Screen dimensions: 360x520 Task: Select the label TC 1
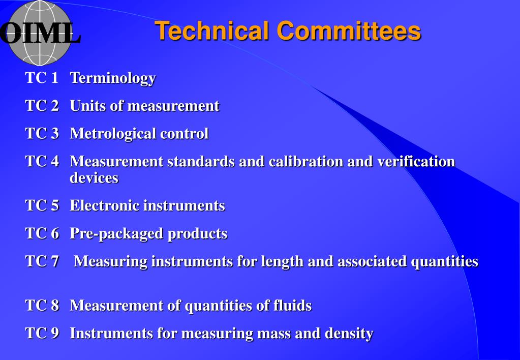click(42, 78)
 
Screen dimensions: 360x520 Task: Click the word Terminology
click(112, 78)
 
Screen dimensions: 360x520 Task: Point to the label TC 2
click(42, 106)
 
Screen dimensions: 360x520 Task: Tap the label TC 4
click(42, 162)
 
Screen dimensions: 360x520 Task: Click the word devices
click(94, 178)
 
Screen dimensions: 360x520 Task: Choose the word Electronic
click(104, 206)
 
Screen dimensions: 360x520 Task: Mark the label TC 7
click(42, 261)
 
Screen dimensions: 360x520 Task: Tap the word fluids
click(290, 306)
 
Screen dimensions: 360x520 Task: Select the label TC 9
click(42, 334)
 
